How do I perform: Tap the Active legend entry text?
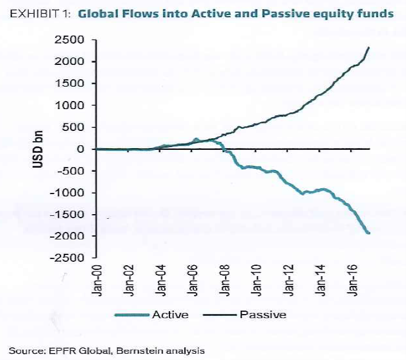coord(169,315)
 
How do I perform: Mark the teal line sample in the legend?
coord(133,315)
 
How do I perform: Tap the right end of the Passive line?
coord(368,48)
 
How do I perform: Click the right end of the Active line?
coord(368,233)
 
